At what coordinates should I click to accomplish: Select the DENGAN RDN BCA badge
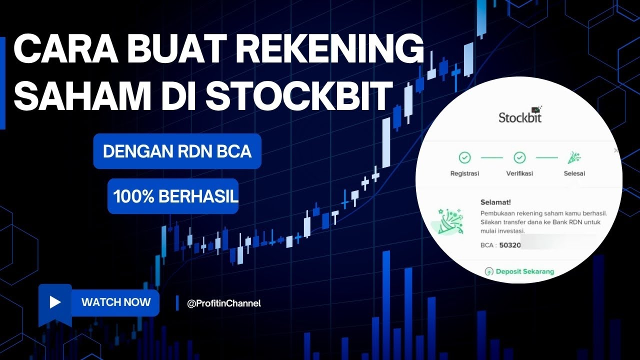177,151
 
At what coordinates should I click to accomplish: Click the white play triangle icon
55,302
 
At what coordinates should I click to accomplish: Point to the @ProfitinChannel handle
223,303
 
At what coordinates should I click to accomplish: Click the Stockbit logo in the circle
520,117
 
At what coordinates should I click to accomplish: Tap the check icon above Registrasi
465,158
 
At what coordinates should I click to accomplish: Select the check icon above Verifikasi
520,158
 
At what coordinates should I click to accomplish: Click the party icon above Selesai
573,158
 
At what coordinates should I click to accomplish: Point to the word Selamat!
495,202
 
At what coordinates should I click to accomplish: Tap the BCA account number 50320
509,246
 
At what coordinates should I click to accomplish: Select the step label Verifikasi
519,173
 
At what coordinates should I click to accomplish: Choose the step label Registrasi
464,173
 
